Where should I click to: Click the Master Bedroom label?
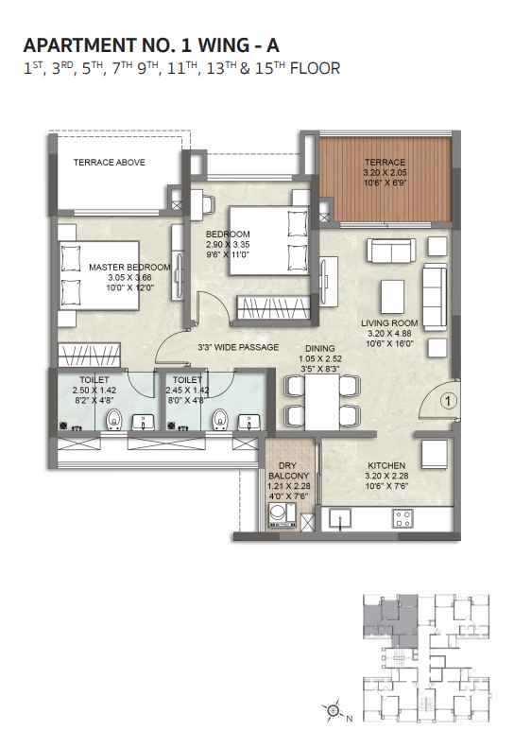pos(129,267)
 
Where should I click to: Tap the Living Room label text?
pos(389,323)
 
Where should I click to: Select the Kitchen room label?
pos(386,465)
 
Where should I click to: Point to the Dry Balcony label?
pos(288,470)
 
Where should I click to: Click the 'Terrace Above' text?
pos(110,163)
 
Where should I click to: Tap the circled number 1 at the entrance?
pos(448,401)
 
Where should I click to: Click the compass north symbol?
pos(334,711)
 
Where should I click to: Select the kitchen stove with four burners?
pos(403,518)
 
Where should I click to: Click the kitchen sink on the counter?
pos(339,518)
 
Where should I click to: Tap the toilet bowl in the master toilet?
pos(114,419)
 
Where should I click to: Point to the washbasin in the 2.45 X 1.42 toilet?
pos(248,422)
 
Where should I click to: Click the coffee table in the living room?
pos(392,296)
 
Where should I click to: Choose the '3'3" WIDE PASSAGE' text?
pos(238,347)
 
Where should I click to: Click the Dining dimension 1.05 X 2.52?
pos(320,358)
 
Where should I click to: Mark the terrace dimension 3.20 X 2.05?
pos(385,172)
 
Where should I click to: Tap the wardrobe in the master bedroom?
pos(89,356)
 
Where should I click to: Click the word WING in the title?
pos(223,45)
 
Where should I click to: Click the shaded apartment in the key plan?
pos(388,618)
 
